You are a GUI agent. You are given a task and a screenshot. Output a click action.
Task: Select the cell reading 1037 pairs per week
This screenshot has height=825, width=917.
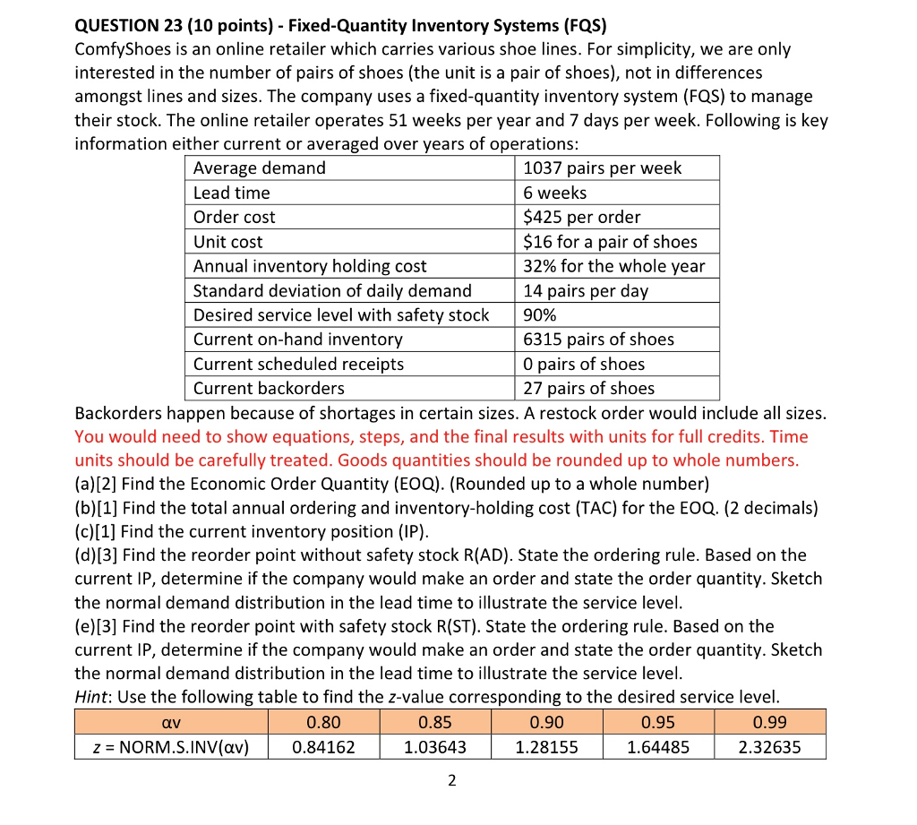[x=602, y=168]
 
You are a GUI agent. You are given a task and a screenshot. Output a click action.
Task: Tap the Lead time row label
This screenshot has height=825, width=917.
[x=232, y=193]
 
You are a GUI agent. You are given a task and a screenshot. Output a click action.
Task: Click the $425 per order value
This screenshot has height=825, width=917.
[x=582, y=217]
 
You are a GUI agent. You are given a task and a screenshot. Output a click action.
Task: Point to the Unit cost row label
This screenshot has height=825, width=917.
[x=228, y=242]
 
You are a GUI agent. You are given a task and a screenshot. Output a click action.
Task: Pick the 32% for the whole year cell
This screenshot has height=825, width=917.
[x=614, y=266]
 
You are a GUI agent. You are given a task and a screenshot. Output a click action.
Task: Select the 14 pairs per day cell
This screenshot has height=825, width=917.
[x=586, y=291]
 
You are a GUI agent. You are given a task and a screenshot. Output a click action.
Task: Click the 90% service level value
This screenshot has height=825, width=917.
[x=540, y=315]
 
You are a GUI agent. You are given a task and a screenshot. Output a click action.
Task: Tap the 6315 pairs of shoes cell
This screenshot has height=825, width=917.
[x=598, y=339]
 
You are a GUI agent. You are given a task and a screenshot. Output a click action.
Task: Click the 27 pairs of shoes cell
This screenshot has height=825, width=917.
[x=588, y=389]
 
